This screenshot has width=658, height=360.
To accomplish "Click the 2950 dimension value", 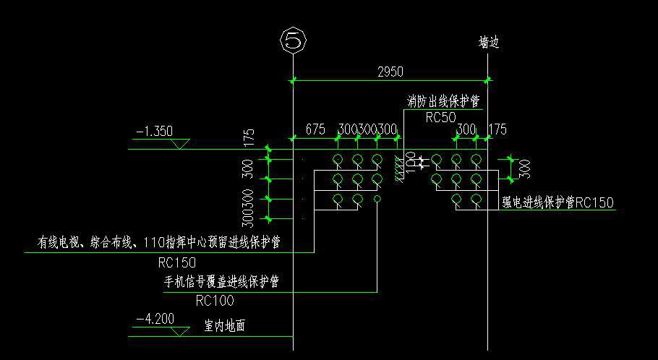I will (390, 71).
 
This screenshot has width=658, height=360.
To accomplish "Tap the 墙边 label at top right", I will (489, 43).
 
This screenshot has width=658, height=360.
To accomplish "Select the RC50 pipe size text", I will (440, 117).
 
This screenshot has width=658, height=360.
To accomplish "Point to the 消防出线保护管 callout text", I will (443, 102).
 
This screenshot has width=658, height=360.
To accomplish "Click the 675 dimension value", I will (315, 129).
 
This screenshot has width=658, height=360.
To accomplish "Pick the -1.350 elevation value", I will (155, 132).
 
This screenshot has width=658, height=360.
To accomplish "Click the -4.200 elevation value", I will (155, 318).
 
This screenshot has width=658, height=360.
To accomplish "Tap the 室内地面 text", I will (224, 326).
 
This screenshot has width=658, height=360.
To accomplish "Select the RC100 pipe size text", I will (215, 300).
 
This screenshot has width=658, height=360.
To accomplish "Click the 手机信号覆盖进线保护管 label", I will (222, 280).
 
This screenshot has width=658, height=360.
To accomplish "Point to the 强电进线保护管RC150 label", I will (557, 203).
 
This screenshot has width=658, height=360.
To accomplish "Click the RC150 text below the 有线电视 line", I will (177, 262).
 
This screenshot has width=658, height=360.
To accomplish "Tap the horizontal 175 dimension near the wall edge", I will (497, 129).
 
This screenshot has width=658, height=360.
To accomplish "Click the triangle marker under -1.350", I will (180, 145).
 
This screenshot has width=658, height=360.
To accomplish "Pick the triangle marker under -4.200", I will (180, 331).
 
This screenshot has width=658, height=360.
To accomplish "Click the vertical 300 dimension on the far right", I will (525, 168).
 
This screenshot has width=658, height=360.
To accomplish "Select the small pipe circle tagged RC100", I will (377, 198).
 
